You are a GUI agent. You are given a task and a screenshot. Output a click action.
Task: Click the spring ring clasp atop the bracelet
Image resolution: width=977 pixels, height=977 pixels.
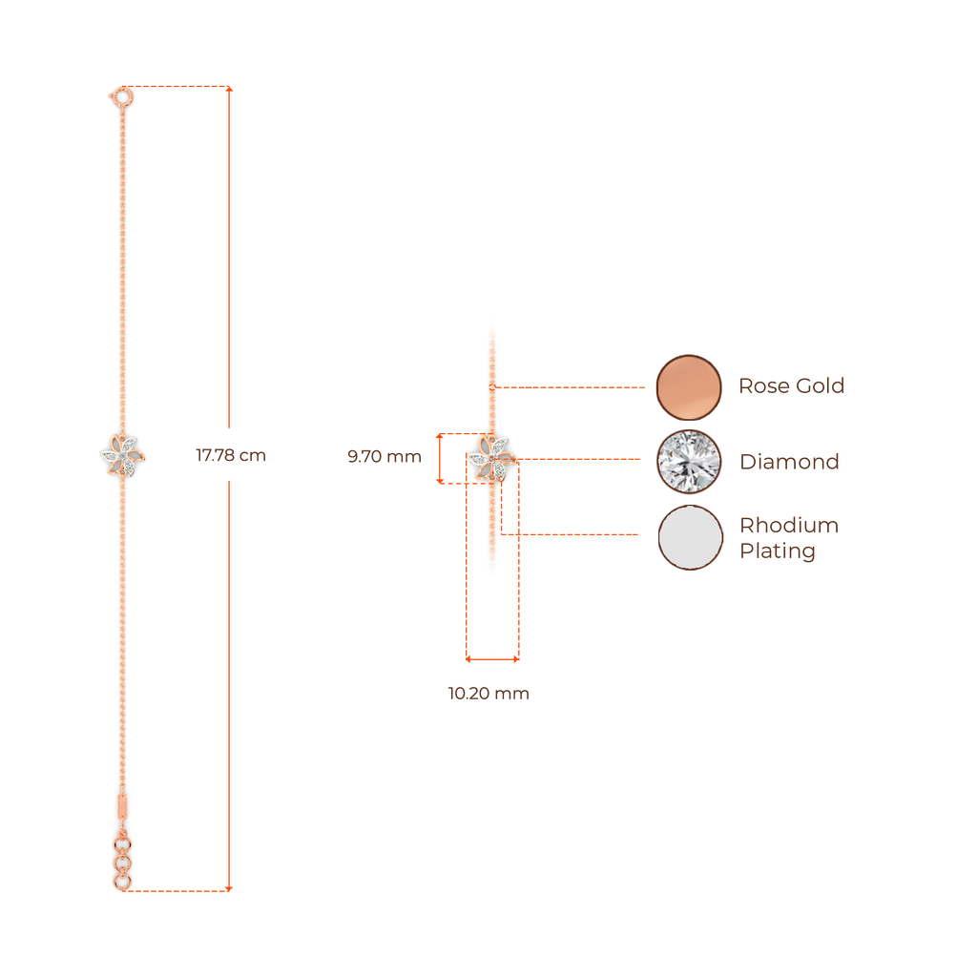point(122,95)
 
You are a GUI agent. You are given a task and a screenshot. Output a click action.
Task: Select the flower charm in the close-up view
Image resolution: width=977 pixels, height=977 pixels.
point(493,458)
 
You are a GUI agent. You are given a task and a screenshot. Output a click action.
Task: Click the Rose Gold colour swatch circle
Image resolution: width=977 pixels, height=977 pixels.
point(689,386)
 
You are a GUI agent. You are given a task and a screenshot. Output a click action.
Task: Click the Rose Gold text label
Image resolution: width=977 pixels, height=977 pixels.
point(791,386)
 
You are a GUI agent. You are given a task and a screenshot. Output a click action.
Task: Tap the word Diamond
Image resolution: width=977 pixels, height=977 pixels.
point(789,462)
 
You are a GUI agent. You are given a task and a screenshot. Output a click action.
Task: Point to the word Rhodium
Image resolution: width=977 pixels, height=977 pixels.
point(788,526)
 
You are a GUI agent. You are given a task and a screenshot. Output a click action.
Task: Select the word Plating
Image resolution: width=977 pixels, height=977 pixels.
point(778,551)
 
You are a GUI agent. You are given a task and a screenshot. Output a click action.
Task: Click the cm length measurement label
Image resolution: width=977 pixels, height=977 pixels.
point(231,455)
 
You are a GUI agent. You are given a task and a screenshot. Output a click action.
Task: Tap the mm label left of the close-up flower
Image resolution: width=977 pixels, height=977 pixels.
point(384,457)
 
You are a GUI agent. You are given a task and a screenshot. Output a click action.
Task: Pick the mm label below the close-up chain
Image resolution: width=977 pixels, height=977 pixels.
point(488,694)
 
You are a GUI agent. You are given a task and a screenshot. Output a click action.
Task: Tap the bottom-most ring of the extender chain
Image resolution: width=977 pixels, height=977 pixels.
point(123,883)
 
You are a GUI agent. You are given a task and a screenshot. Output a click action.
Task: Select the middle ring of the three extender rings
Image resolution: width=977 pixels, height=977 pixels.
point(122,863)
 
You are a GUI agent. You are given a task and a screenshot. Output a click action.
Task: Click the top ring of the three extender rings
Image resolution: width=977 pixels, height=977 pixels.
point(122,844)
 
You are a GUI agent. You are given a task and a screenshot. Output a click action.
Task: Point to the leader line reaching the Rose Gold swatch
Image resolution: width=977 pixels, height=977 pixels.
point(572,387)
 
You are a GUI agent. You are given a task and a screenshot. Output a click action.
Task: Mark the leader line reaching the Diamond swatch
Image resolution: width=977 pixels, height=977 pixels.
point(582,460)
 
